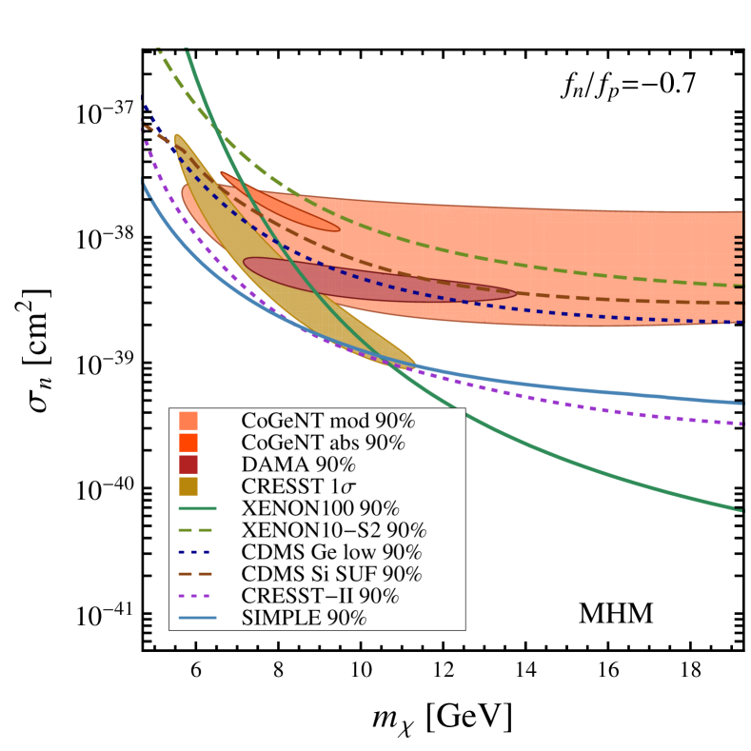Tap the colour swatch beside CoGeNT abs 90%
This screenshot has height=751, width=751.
pyautogui.click(x=188, y=443)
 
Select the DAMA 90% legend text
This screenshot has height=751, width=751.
pyautogui.click(x=298, y=464)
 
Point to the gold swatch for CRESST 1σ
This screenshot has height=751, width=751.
pyautogui.click(x=188, y=486)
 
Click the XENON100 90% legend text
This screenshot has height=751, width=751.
pyautogui.click(x=320, y=508)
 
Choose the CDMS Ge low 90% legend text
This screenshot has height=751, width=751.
pyautogui.click(x=332, y=552)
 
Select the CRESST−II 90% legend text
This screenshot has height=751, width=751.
pyautogui.click(x=320, y=596)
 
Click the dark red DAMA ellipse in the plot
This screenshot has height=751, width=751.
pyautogui.click(x=381, y=280)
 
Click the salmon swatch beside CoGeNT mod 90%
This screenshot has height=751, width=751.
pyautogui.click(x=188, y=421)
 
